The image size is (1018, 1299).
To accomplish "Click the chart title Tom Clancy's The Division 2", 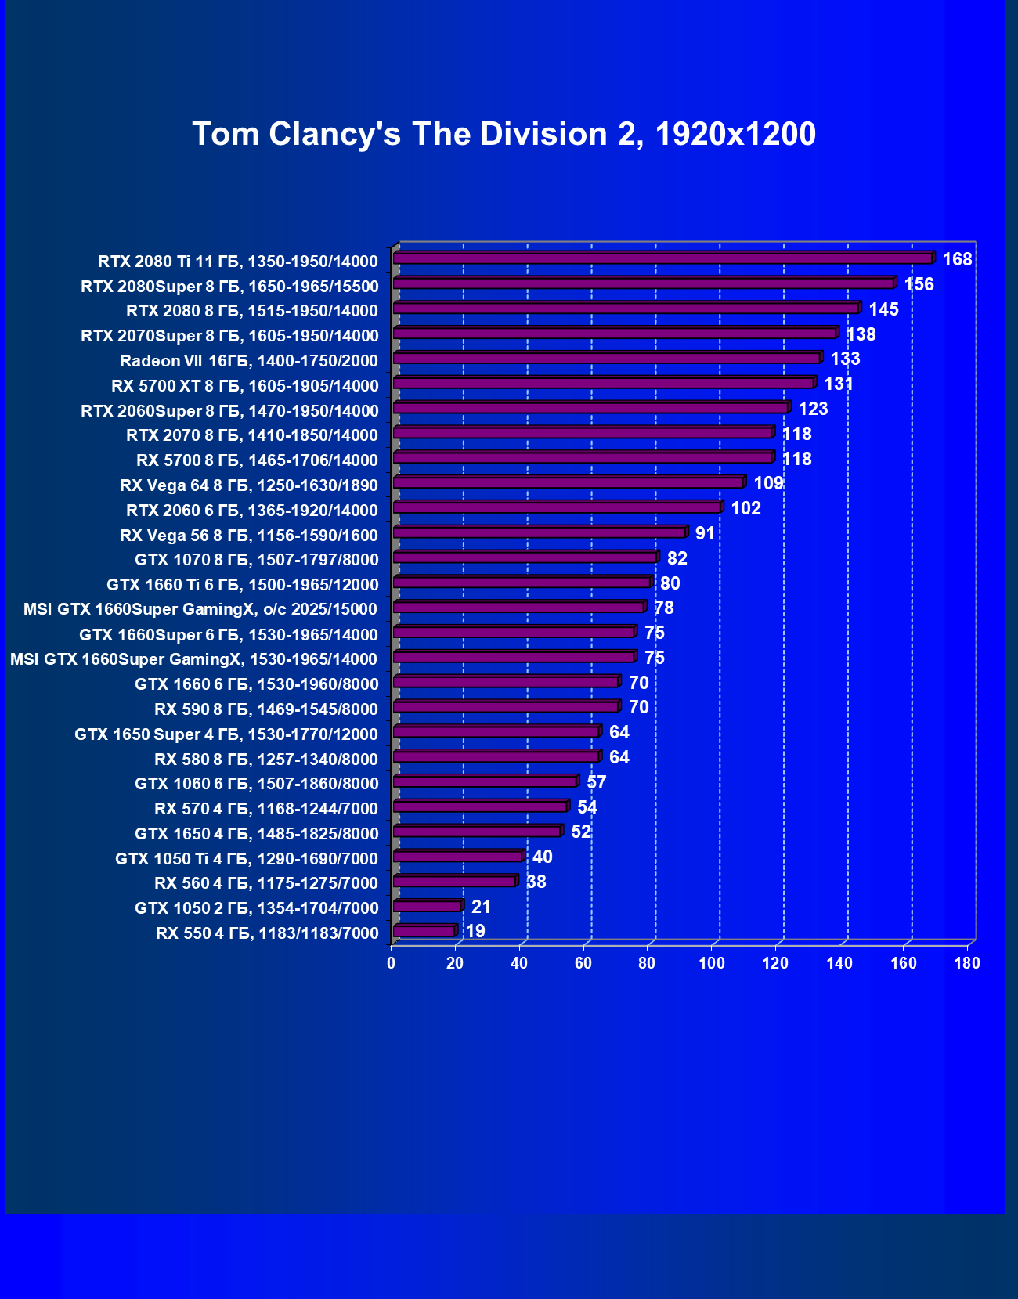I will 504,134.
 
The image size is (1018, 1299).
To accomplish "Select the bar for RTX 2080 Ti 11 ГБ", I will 662,258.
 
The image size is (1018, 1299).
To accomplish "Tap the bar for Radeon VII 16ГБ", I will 606,359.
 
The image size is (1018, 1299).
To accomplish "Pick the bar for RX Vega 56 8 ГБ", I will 539,533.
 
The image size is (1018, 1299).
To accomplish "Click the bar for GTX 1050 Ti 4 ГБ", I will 457,857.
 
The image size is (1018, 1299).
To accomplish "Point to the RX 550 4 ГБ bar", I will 424,931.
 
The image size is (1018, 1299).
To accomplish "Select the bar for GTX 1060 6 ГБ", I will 485,781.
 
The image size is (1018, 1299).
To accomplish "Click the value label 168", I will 957,259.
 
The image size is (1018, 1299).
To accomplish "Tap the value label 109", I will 768,483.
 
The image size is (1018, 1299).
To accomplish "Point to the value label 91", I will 705,533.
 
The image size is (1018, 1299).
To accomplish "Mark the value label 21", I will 481,907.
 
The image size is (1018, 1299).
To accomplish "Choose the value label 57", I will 596,782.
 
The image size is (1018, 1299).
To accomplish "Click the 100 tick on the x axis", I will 711,963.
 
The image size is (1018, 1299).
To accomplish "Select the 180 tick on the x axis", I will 967,963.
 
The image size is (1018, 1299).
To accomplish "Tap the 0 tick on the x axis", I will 392,963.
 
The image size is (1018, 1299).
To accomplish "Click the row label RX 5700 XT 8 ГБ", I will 245,386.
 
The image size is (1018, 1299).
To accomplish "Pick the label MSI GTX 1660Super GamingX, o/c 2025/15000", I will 200,609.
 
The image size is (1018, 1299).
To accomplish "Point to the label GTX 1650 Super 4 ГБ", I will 226,734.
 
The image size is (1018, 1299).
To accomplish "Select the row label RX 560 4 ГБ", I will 266,883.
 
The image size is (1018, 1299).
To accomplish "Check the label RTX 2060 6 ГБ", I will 252,511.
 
